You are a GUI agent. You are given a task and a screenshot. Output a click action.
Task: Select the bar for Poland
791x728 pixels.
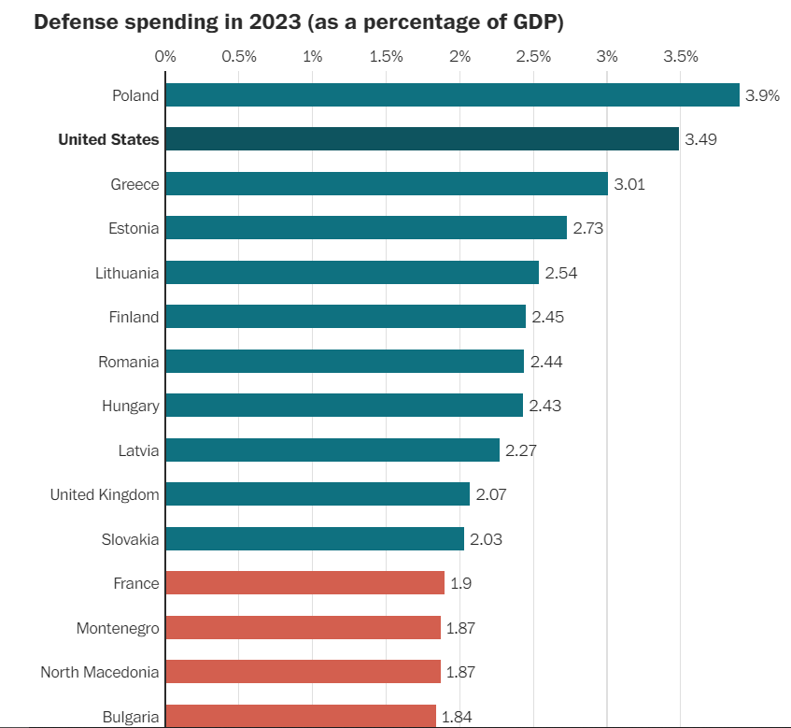(x=452, y=94)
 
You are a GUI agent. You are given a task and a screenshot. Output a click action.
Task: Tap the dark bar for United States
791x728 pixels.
(x=422, y=139)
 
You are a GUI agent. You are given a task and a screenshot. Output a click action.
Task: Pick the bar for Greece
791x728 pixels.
(x=387, y=183)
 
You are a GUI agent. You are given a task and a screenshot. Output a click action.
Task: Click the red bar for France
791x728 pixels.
(x=305, y=583)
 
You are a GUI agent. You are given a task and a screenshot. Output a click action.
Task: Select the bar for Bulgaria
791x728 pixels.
(x=301, y=716)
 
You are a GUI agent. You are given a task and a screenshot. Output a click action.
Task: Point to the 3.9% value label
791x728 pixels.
(x=762, y=95)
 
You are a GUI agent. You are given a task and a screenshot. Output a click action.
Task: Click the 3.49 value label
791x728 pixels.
(x=700, y=139)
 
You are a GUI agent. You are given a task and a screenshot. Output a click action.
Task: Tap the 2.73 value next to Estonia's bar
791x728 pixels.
(x=588, y=228)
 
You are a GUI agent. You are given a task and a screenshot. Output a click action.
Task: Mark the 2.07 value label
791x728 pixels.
(x=491, y=494)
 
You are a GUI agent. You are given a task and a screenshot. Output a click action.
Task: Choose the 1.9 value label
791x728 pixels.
(x=462, y=583)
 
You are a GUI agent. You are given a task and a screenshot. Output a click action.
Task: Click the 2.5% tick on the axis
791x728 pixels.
(x=533, y=56)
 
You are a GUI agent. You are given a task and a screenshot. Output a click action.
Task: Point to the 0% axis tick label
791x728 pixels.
(x=165, y=56)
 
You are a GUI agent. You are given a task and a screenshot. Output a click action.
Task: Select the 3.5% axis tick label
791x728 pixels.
(x=681, y=56)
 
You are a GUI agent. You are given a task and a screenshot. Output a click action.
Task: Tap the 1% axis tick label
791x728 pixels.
(x=313, y=56)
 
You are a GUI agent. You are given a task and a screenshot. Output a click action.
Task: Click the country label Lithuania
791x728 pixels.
(x=127, y=273)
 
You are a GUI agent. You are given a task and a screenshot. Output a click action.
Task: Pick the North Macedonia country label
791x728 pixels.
(x=100, y=672)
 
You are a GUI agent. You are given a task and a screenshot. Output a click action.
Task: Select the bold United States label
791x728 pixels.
(x=108, y=139)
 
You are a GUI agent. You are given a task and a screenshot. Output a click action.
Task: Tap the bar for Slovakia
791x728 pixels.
(x=315, y=539)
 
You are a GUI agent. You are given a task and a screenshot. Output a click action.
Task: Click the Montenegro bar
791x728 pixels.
(x=303, y=628)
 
